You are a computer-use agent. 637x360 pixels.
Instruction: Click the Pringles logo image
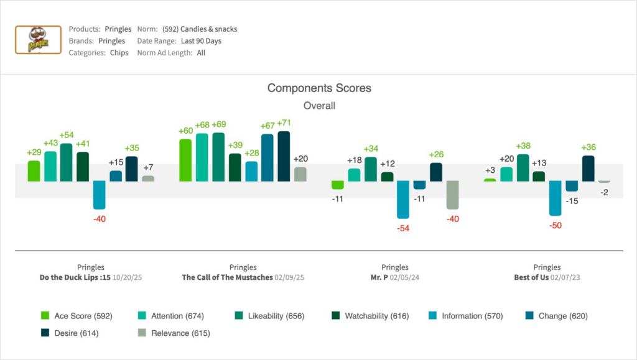coord(38,40)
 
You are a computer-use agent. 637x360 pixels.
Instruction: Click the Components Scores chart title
coord(319,88)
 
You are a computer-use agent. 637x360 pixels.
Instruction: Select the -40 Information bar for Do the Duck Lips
coord(99,195)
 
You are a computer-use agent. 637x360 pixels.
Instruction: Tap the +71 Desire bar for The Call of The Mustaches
coord(284,156)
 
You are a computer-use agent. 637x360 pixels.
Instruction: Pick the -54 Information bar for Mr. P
coord(403,200)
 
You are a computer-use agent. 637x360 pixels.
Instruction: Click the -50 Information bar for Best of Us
coord(555,198)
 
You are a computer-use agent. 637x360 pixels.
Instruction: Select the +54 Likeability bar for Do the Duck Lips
coord(67,162)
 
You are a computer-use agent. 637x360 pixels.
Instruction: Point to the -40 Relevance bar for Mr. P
coord(452,195)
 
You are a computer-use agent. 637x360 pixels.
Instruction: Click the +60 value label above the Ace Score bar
coord(185,131)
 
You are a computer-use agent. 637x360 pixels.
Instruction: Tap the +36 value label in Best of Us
coord(588,147)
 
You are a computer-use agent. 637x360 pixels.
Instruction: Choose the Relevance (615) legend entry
coord(174,333)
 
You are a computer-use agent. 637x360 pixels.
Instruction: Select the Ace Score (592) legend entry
coord(77,316)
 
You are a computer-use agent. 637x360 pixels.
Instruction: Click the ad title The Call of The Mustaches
coord(227,277)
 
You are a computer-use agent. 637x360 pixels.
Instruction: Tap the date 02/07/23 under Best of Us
coord(568,277)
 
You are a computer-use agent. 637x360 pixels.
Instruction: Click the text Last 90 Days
coord(197,41)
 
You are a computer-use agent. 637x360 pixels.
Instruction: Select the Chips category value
coord(119,53)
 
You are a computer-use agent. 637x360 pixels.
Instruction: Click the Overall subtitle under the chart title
coord(319,106)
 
